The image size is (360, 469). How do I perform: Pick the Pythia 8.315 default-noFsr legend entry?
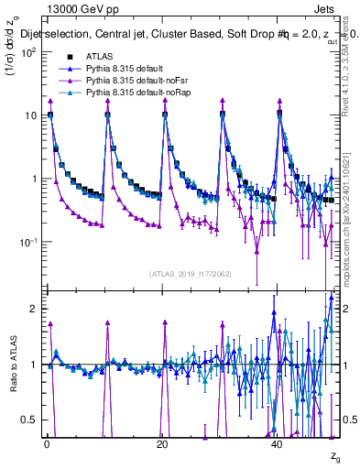(x=116, y=82)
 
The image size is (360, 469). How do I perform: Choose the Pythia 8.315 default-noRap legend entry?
(x=118, y=93)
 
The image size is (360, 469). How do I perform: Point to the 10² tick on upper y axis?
(x=27, y=52)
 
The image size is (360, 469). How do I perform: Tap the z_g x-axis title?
(x=334, y=455)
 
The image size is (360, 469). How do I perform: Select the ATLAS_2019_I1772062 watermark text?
(x=191, y=273)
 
